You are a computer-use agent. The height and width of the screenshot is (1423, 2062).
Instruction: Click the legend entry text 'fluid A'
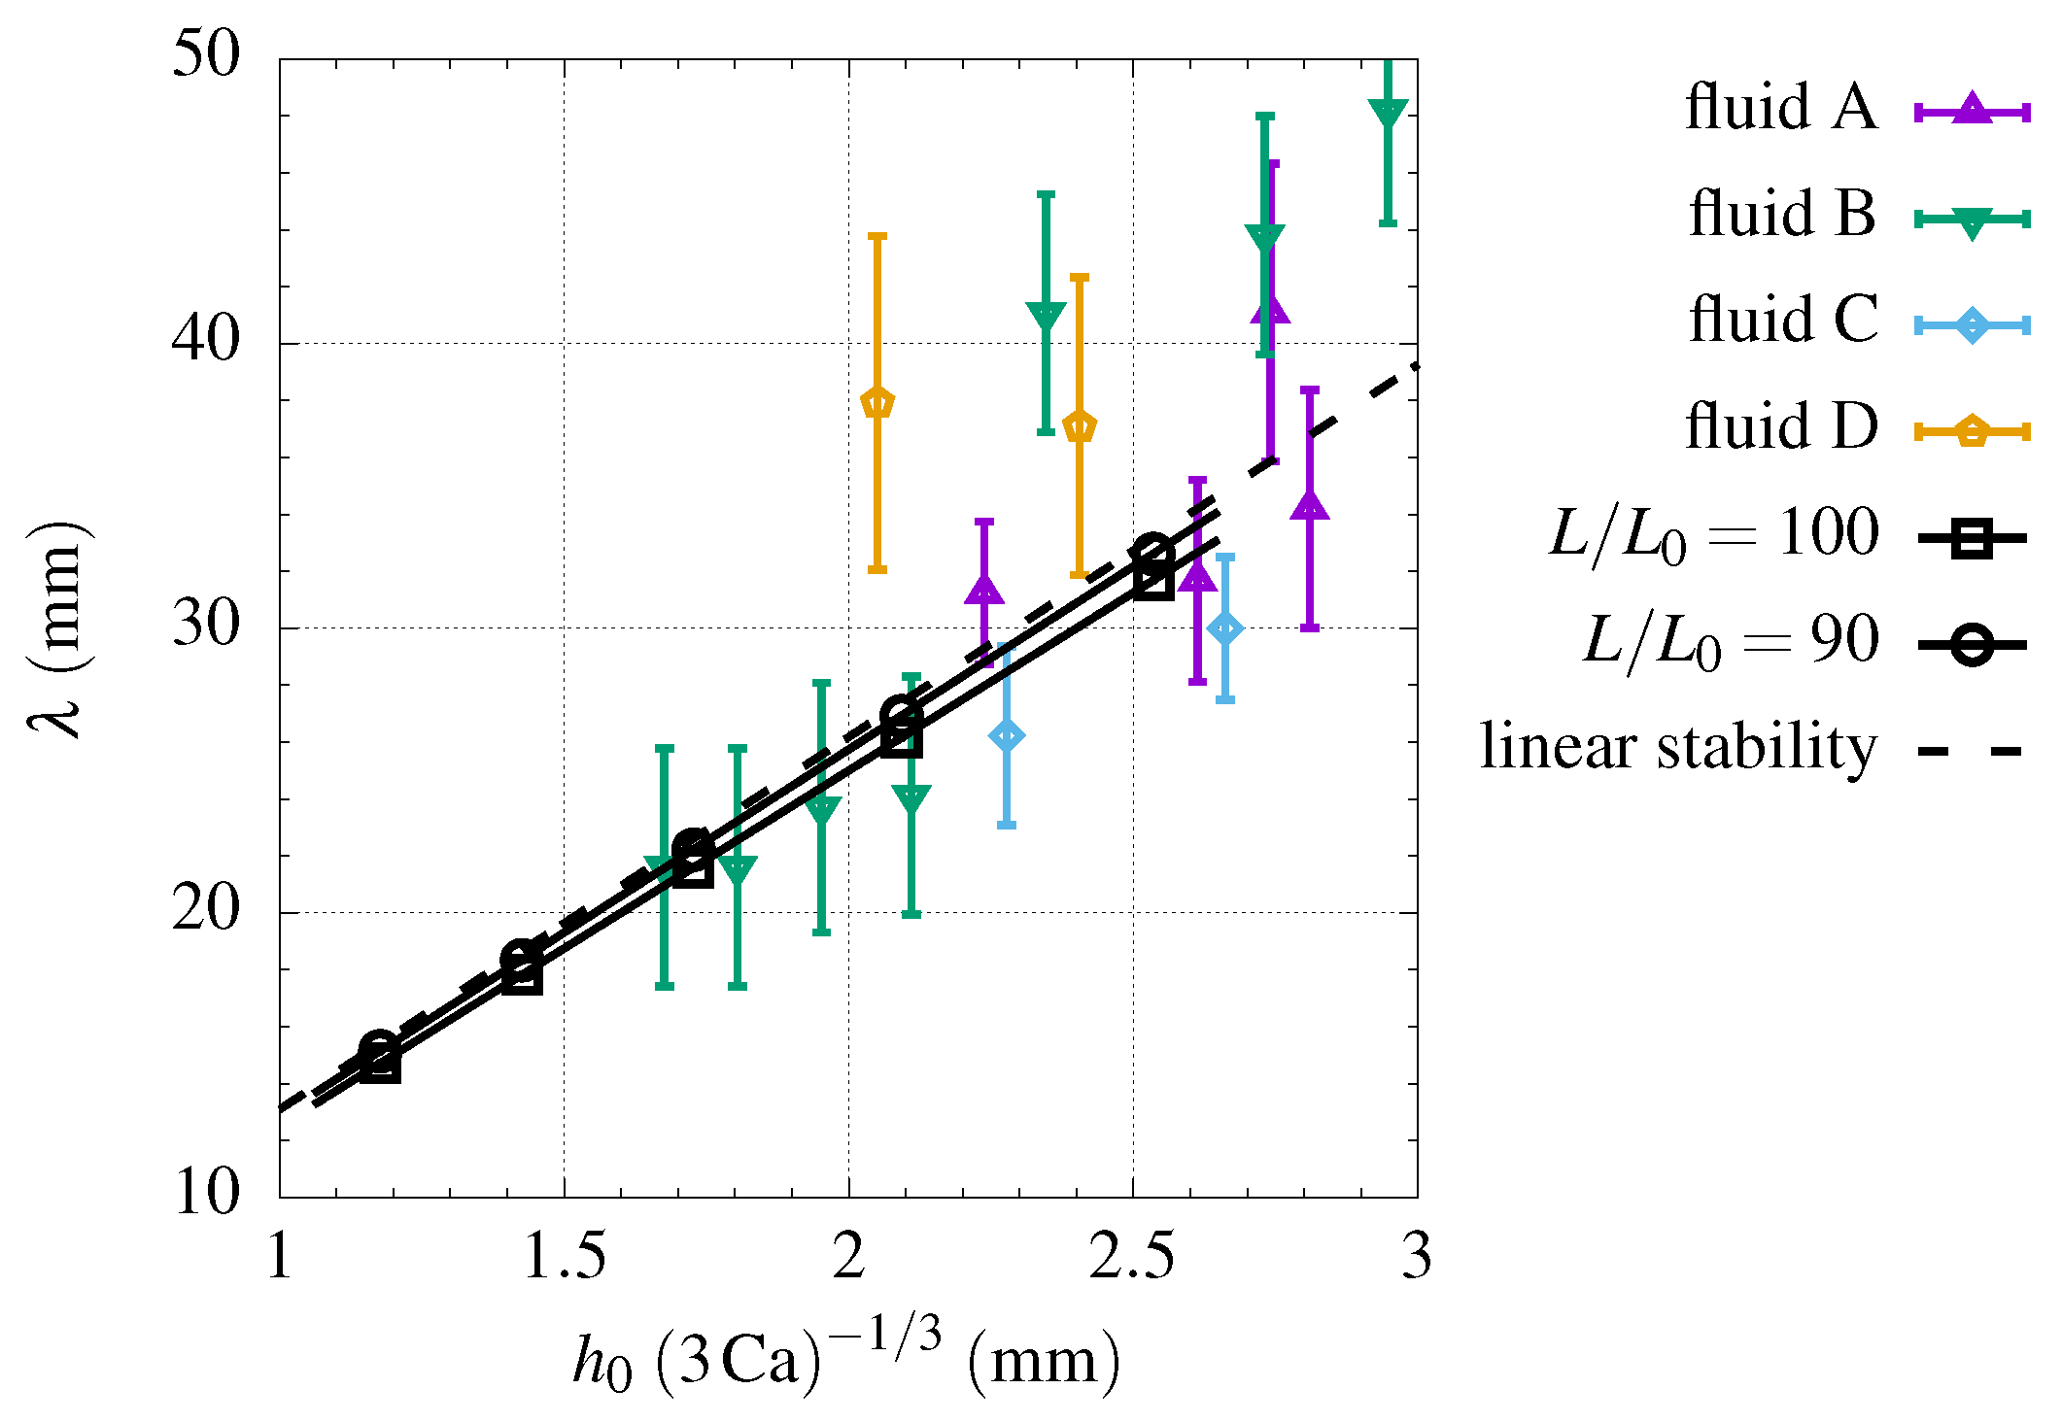pyautogui.click(x=1780, y=107)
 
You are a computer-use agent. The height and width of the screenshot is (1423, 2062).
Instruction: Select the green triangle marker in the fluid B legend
pyautogui.click(x=1972, y=221)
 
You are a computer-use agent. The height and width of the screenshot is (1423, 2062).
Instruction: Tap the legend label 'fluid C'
pyautogui.click(x=1783, y=320)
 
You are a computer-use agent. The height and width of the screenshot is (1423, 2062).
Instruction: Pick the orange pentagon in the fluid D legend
pyautogui.click(x=1972, y=430)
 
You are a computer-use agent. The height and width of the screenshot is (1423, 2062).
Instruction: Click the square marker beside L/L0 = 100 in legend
pyautogui.click(x=1972, y=537)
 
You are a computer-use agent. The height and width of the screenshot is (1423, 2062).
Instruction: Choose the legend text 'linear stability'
pyautogui.click(x=1678, y=747)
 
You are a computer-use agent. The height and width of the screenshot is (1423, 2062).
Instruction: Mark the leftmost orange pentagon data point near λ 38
pyautogui.click(x=877, y=403)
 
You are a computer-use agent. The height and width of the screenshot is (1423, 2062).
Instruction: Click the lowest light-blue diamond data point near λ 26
pyautogui.click(x=1007, y=736)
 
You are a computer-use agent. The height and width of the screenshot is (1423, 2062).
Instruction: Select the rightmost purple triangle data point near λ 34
pyautogui.click(x=1310, y=507)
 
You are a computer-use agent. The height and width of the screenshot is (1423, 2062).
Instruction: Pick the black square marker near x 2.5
pyautogui.click(x=1153, y=580)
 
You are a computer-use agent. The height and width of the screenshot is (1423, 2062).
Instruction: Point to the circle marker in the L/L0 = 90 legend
pyautogui.click(x=1972, y=644)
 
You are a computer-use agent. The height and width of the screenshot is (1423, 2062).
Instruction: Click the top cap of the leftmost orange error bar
pyautogui.click(x=877, y=236)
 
